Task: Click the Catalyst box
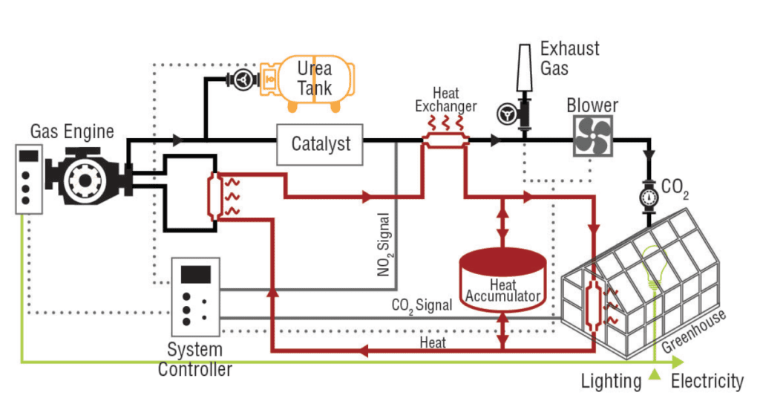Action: pyautogui.click(x=321, y=144)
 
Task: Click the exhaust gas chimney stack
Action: pyautogui.click(x=524, y=70)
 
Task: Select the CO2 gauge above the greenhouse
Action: pyautogui.click(x=648, y=198)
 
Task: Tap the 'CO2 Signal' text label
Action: pyautogui.click(x=421, y=305)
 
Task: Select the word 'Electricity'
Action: pyautogui.click(x=707, y=382)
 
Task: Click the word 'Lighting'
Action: pyautogui.click(x=612, y=382)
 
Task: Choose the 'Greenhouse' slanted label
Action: pyautogui.click(x=694, y=331)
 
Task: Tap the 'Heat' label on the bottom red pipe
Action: pyautogui.click(x=433, y=342)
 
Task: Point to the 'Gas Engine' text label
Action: pyautogui.click(x=72, y=132)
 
